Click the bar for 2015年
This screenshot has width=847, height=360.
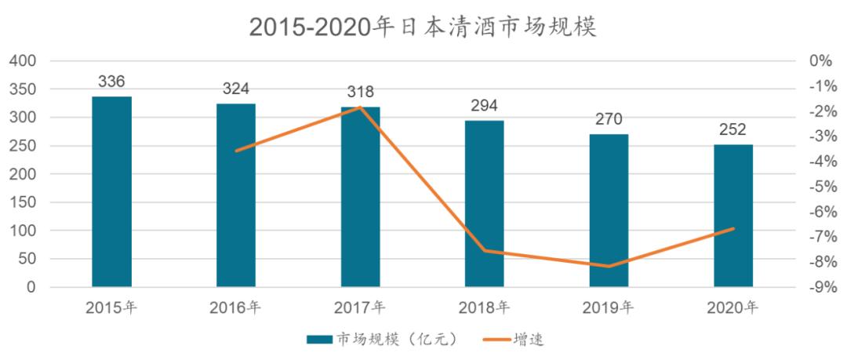pos(111,192)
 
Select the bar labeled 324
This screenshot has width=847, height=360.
pos(236,195)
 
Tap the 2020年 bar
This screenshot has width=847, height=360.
pos(733,216)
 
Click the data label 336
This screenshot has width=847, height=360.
pos(111,82)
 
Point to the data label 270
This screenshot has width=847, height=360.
pos(609,119)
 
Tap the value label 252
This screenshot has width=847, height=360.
pos(733,129)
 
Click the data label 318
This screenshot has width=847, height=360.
pos(360,92)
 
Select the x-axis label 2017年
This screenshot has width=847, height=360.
pos(360,307)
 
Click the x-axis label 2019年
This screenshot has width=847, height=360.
pos(609,307)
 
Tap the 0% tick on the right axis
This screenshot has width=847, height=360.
pos(820,61)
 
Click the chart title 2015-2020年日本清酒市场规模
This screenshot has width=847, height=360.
pos(423,27)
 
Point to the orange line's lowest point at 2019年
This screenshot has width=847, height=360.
pos(609,267)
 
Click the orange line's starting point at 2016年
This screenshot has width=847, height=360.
pos(236,151)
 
